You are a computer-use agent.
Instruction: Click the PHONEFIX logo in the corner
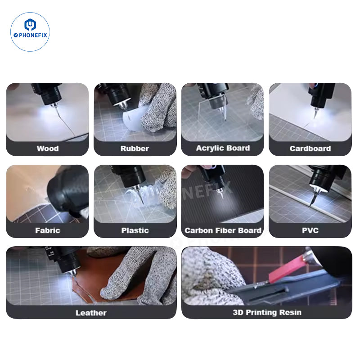(x=30, y=32)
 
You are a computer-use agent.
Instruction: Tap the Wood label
(x=47, y=148)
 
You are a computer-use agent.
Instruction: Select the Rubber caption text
(x=135, y=148)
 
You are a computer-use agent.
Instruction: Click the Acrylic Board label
(x=222, y=148)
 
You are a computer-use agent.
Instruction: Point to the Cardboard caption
(x=310, y=148)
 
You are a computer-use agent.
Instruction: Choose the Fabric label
(x=47, y=230)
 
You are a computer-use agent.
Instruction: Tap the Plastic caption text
(x=135, y=230)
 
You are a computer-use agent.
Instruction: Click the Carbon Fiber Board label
(x=222, y=230)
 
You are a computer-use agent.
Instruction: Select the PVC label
(x=310, y=230)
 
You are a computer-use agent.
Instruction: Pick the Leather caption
(x=91, y=312)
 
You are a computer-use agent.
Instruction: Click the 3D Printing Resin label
(x=267, y=312)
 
